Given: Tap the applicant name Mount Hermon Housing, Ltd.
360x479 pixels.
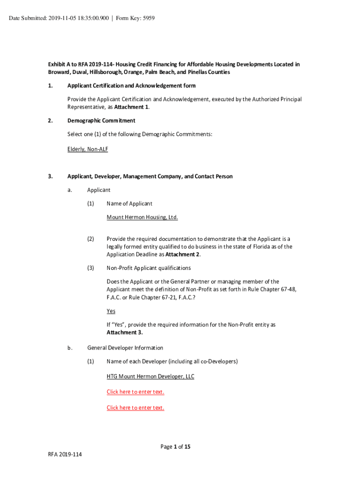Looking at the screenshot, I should pos(142,217).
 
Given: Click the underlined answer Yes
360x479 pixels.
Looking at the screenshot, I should pos(111,311).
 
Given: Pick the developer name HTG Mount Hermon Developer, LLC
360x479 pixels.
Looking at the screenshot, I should pos(150,376).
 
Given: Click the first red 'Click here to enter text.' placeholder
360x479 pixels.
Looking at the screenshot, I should pos(135,392).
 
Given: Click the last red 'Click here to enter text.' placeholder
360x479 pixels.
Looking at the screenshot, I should pos(135,407).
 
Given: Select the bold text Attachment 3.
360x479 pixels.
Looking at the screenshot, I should pos(124,333).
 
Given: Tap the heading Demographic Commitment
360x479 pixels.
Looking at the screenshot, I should pos(101,121).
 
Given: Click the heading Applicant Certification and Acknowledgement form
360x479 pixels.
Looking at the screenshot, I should pos(131,86).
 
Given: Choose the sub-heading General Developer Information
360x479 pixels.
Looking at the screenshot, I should pos(125,348).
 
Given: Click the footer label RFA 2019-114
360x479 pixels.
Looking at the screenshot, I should pos(65,454).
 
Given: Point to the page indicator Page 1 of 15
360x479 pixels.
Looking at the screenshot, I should pos(175,447).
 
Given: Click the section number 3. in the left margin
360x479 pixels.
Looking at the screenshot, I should pos(50,176).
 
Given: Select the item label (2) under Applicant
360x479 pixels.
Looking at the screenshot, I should pos(91,239).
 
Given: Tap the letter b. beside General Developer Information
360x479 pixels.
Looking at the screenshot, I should pos(70,348).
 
